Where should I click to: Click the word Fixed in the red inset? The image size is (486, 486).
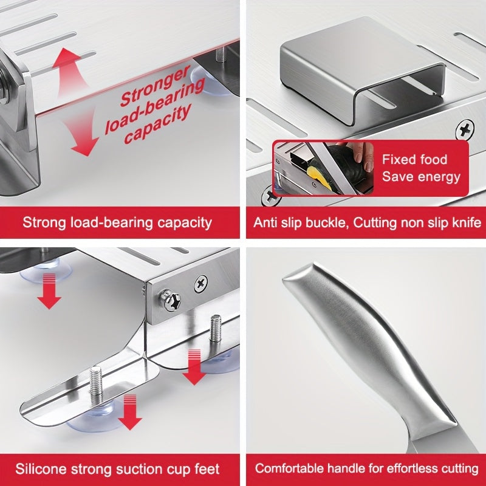click(398, 160)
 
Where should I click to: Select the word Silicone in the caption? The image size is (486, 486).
click(41, 468)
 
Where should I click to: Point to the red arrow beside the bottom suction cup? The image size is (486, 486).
click(130, 412)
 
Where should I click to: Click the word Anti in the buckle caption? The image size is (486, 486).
click(264, 222)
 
